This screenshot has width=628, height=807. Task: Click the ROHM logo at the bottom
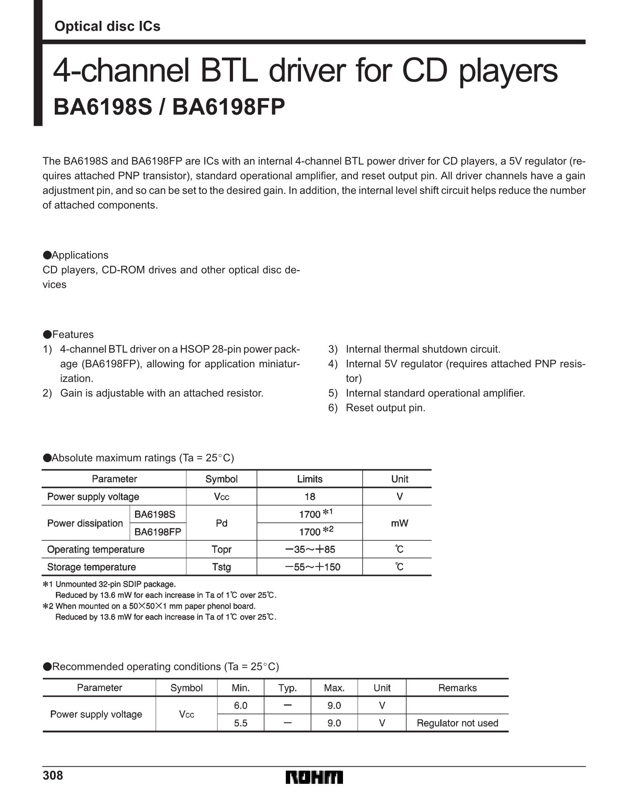[314, 777]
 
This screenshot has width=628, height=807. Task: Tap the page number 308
[53, 775]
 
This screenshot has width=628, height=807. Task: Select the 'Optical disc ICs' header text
[107, 26]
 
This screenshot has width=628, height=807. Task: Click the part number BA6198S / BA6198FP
[169, 107]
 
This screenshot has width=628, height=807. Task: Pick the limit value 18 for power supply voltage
[309, 496]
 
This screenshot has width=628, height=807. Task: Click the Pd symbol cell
[221, 523]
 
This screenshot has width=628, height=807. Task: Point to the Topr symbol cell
[221, 549]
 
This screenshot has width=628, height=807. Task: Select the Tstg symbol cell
[221, 567]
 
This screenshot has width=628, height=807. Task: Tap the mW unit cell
[399, 523]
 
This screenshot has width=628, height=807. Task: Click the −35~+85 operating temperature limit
[310, 549]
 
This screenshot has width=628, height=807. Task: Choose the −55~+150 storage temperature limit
[312, 567]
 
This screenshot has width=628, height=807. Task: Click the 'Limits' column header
[309, 479]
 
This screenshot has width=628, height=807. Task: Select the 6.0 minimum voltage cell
[241, 705]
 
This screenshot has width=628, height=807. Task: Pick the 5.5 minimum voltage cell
[241, 723]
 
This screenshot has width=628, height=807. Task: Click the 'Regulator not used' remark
[457, 723]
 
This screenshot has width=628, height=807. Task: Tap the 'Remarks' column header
[457, 688]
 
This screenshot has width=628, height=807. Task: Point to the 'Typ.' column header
[287, 688]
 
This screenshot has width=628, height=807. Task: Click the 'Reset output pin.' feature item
[385, 408]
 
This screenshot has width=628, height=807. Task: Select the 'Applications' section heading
[80, 255]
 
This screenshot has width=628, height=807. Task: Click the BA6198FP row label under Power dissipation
[157, 532]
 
